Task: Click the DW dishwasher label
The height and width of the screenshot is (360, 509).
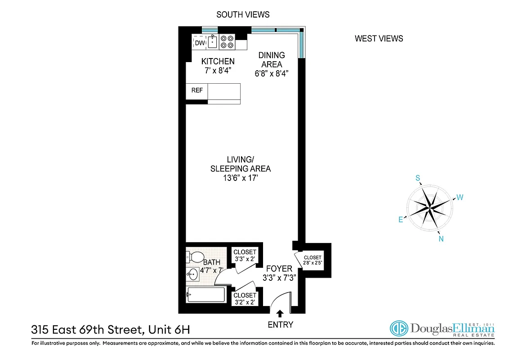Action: pos(200,43)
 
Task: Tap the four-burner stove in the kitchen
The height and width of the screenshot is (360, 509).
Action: pos(227,42)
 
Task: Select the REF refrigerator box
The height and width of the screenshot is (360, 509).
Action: pos(197,90)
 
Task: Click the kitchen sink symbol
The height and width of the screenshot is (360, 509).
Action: pos(212,42)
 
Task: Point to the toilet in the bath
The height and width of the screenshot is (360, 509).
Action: pos(194,258)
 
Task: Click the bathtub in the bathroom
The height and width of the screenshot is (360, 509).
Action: pos(206,296)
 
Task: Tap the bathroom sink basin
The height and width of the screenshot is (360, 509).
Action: pos(193,274)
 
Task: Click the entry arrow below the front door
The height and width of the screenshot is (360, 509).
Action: pos(281,314)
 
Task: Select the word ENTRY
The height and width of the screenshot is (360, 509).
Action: pos(281,324)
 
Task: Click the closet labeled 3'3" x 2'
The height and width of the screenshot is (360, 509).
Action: pos(245,256)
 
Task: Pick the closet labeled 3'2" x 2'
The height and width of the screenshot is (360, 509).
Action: pos(245,299)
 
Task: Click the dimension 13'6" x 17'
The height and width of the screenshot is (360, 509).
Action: pos(241,179)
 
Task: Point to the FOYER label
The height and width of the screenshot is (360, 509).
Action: pos(279,269)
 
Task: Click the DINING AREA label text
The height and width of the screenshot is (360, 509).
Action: pos(271,60)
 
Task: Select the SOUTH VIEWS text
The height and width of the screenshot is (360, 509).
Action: pos(243,14)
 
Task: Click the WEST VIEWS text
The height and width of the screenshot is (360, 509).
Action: pos(379,38)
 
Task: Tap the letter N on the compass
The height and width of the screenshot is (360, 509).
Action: pos(441,239)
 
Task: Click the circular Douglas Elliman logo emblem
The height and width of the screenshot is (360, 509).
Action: pos(398,328)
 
